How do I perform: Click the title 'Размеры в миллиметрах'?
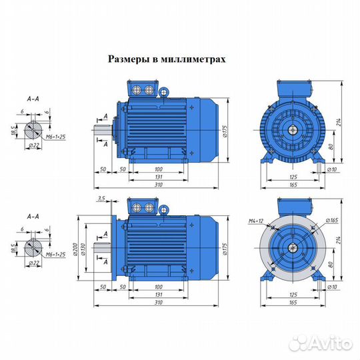pos(167,59)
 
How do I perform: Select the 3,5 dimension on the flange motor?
pos(101,199)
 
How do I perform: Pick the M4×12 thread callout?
pos(247,219)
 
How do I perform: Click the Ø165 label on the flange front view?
pos(332,220)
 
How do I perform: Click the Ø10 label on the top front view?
pos(331,170)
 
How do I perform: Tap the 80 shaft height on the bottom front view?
pos(331,265)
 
